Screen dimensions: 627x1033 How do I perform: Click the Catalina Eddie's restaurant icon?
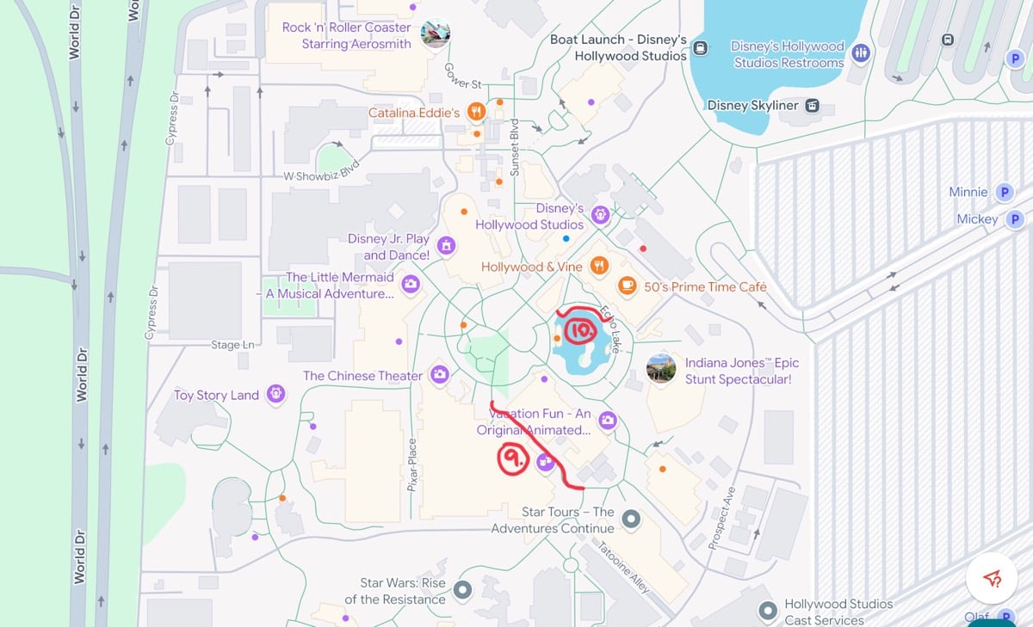coord(475,111)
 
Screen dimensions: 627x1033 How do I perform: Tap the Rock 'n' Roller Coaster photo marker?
coord(436,34)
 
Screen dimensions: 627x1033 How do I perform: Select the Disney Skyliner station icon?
coord(812,106)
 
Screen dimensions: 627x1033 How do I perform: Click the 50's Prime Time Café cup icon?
coord(628,286)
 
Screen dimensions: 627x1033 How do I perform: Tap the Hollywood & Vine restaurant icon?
coord(599,266)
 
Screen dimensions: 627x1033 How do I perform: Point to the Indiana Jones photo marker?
coord(660,368)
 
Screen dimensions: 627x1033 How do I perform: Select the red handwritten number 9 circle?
coord(512,461)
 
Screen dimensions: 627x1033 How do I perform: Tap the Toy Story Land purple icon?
coord(276,394)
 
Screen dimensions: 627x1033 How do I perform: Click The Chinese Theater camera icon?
coord(440,374)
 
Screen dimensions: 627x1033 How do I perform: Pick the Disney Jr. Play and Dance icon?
coord(446,246)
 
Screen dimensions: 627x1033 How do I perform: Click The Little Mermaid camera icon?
coord(411,283)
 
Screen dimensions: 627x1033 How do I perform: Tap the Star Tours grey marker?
coord(631,519)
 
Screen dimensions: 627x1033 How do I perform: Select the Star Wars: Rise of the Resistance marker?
coord(463,589)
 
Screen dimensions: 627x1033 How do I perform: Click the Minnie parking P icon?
coord(1003,192)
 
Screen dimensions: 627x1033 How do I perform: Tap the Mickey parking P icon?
coord(1015,219)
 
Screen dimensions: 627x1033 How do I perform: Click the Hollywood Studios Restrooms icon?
coord(860,53)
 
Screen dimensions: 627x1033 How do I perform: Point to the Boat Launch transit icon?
coord(701,48)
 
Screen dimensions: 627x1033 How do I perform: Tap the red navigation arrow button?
coord(992,578)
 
